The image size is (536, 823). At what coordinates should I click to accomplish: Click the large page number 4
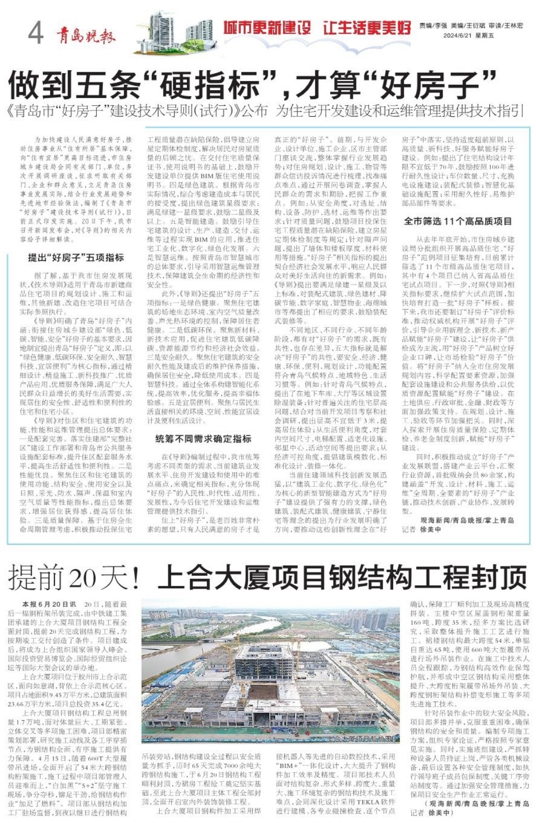point(35,33)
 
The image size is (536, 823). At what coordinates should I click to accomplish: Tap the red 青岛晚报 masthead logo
point(86,35)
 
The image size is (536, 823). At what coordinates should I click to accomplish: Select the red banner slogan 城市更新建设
point(267,28)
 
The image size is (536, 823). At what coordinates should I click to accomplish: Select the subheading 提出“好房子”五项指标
point(76,258)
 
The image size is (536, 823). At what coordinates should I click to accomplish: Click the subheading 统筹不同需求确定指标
point(203,438)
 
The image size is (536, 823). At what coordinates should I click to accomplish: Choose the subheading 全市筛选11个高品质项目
point(457,221)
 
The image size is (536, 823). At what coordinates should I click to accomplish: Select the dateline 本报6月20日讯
point(49,604)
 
